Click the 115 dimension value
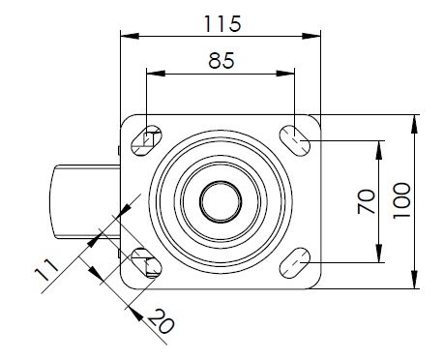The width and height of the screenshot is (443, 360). pos(222,23)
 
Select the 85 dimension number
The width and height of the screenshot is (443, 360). pos(221,61)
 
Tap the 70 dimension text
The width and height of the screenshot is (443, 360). pos(367,201)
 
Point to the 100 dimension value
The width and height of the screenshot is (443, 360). pos(401,200)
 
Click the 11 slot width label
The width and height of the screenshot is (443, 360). pos(46,270)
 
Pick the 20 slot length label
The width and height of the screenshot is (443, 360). pos(162,321)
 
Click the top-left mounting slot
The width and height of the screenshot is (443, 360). pos(146,140)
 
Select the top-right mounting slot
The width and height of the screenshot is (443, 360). pos(294,141)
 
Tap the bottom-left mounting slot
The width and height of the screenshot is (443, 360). pos(146,263)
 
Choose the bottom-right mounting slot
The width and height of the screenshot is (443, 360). pos(294,263)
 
